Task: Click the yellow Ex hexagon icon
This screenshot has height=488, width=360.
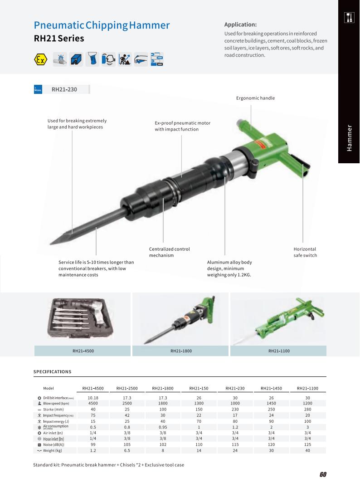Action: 40,59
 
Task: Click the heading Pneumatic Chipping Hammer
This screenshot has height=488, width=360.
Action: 102,25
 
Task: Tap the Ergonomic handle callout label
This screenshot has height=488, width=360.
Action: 255,98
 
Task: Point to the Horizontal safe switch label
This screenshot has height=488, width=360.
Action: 305,252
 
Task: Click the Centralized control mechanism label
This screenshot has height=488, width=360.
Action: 169,252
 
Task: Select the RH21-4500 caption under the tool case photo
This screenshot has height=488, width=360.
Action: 83,351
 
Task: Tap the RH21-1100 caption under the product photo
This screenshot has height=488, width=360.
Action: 279,351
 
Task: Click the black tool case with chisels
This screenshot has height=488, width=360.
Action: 80,318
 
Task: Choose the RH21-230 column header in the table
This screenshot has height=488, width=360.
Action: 235,388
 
